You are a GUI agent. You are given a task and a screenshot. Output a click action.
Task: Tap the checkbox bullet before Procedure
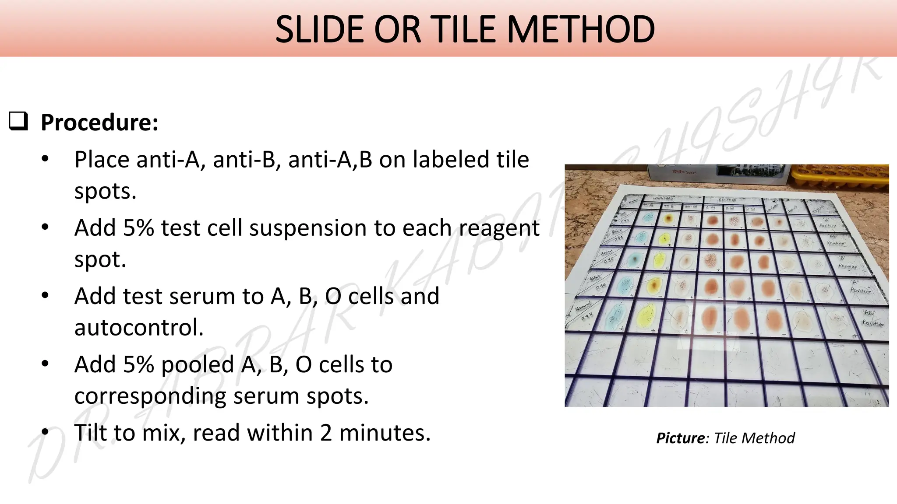pos(18,121)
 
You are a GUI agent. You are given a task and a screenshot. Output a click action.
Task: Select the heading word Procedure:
pos(99,122)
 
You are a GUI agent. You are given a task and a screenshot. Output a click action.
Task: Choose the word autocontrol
pos(139,327)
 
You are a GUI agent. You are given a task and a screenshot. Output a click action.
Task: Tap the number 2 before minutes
pos(326,433)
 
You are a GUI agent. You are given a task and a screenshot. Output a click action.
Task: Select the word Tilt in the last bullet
pos(90,433)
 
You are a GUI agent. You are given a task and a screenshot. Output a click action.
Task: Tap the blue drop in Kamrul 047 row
pos(615,316)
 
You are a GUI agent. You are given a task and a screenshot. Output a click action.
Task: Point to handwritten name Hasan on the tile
pos(606,252)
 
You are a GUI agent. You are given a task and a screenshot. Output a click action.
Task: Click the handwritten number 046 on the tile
pos(600,287)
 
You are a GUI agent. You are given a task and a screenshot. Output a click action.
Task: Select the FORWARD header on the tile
pos(663,198)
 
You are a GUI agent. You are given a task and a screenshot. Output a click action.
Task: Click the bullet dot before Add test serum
pos(45,296)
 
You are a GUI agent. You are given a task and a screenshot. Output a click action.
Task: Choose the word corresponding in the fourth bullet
pos(150,396)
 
